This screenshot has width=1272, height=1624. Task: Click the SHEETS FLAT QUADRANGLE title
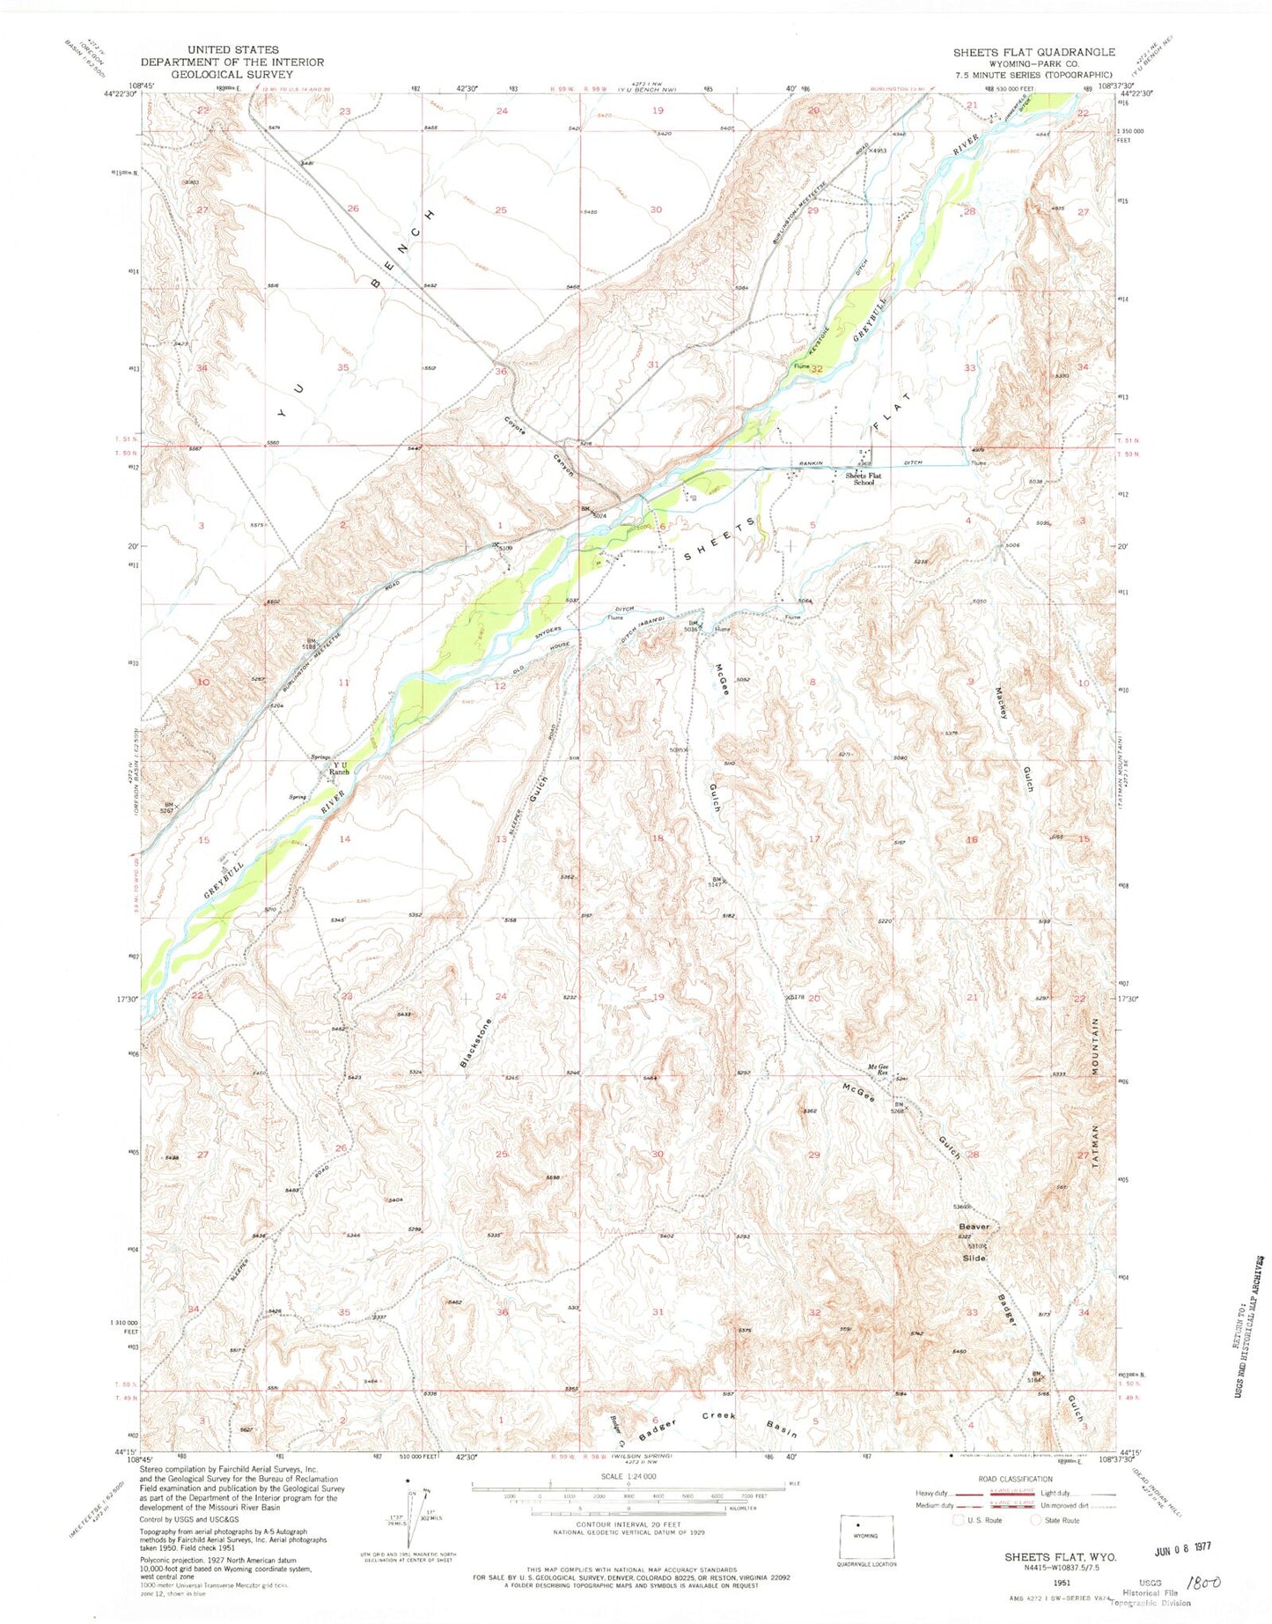pyautogui.click(x=1033, y=52)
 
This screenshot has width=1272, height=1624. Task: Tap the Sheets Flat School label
pyautogui.click(x=864, y=479)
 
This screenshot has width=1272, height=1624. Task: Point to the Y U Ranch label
pyautogui.click(x=338, y=767)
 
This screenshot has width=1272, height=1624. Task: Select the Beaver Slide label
pyautogui.click(x=974, y=1242)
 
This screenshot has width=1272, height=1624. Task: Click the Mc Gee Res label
pyautogui.click(x=879, y=1070)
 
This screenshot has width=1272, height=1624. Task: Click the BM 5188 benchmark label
pyautogui.click(x=311, y=644)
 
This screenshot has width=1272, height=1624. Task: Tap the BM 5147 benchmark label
pyautogui.click(x=717, y=882)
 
